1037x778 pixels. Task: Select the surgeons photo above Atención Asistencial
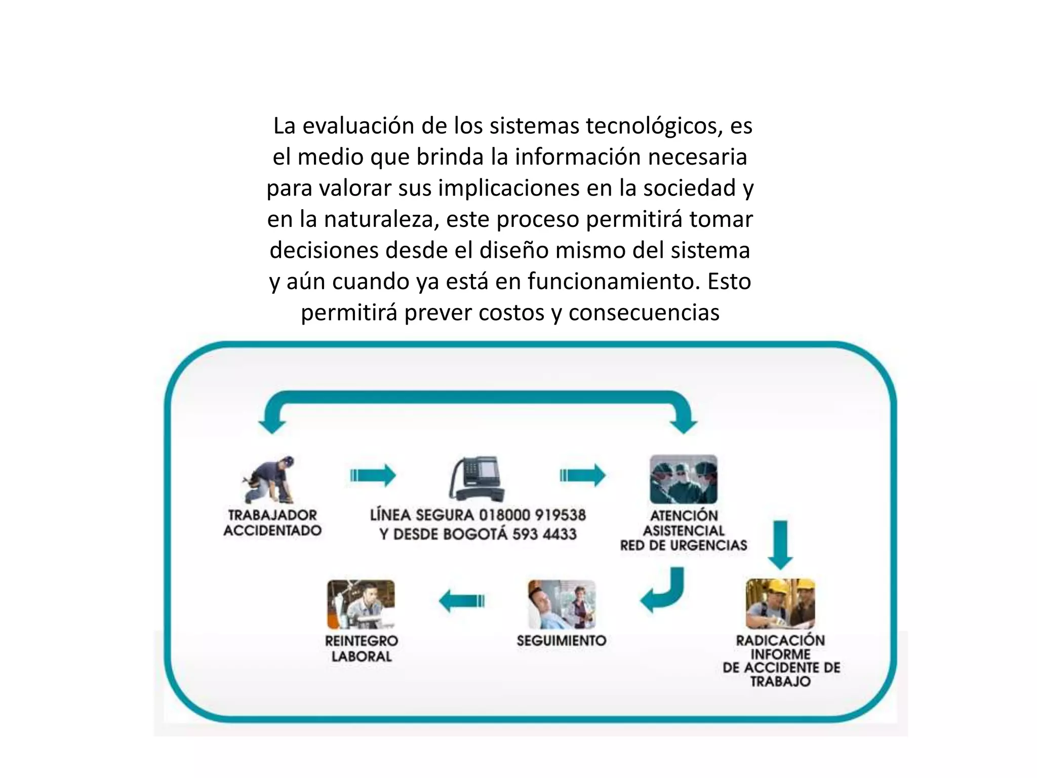coord(684,479)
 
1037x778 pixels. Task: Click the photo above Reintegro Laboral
coord(361,604)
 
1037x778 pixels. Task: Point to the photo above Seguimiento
coord(562,604)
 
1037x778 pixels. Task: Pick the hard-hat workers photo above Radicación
coord(780,604)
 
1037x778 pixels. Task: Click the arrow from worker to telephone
coord(373,475)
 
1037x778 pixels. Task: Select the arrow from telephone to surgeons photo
coord(583,475)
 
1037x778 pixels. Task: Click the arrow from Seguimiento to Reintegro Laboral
coord(462,601)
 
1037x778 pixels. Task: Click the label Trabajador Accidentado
coord(272,523)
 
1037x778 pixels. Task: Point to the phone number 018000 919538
coord(532,515)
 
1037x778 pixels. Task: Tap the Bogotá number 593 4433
coord(544,534)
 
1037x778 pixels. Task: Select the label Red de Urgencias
coord(684,545)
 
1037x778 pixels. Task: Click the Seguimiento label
coord(562,640)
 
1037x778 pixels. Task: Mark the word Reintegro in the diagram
coord(362,641)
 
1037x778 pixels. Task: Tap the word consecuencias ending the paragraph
coord(644,313)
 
